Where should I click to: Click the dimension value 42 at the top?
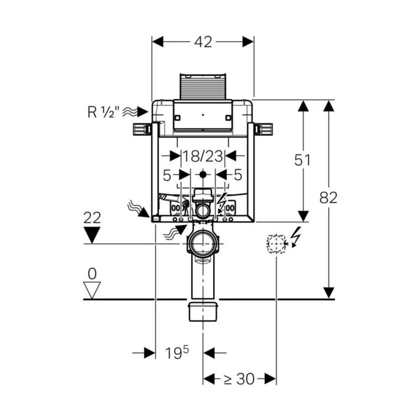(203, 42)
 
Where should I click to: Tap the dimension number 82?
(328, 197)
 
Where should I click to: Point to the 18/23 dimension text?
(202, 156)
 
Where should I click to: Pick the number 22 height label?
(92, 218)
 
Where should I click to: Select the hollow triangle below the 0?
(92, 289)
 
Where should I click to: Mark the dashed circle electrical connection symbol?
(276, 244)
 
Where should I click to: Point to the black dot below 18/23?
(203, 174)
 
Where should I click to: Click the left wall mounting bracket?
(141, 129)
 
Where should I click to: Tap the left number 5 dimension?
(167, 175)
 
